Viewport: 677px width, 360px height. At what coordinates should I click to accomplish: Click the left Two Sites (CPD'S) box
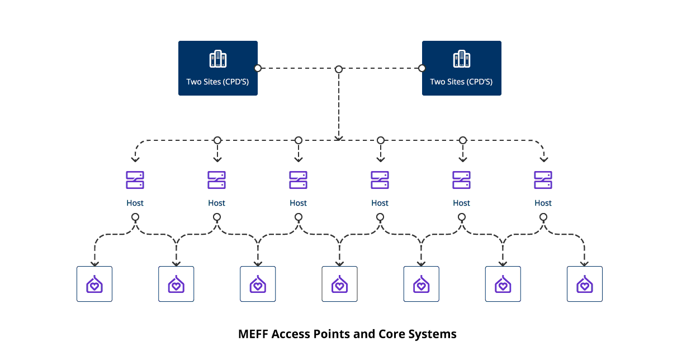pyautogui.click(x=218, y=68)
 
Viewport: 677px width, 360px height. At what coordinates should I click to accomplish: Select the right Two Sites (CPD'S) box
pyautogui.click(x=462, y=68)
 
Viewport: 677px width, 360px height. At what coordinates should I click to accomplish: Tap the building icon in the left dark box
pyautogui.click(x=218, y=59)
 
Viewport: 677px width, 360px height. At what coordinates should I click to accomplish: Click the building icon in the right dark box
pyautogui.click(x=462, y=59)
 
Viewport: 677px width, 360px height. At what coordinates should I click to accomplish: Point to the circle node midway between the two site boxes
pyautogui.click(x=339, y=69)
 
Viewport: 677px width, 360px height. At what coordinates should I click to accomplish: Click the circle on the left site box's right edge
pyautogui.click(x=258, y=68)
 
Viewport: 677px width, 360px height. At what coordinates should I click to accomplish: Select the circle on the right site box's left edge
pyautogui.click(x=422, y=68)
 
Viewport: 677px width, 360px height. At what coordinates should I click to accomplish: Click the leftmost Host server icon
pyautogui.click(x=135, y=180)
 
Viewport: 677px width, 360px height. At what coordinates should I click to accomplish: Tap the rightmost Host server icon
pyautogui.click(x=543, y=180)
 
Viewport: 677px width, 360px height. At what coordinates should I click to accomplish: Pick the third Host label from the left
pyautogui.click(x=299, y=203)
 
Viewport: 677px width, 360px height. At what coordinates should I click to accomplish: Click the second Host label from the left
pyautogui.click(x=217, y=203)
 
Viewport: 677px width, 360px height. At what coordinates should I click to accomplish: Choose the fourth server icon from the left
pyautogui.click(x=380, y=180)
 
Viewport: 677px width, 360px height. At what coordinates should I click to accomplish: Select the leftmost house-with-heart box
pyautogui.click(x=94, y=284)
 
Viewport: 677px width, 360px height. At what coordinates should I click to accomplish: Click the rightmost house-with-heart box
pyautogui.click(x=585, y=284)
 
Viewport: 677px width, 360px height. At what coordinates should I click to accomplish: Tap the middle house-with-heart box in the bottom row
pyautogui.click(x=339, y=284)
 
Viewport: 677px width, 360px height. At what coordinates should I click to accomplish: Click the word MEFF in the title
pyautogui.click(x=253, y=334)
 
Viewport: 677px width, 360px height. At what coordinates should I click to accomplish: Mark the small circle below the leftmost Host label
pyautogui.click(x=135, y=217)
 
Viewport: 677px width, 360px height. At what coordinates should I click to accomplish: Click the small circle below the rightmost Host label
pyautogui.click(x=543, y=217)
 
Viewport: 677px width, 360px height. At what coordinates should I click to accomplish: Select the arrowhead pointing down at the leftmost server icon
pyautogui.click(x=135, y=159)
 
